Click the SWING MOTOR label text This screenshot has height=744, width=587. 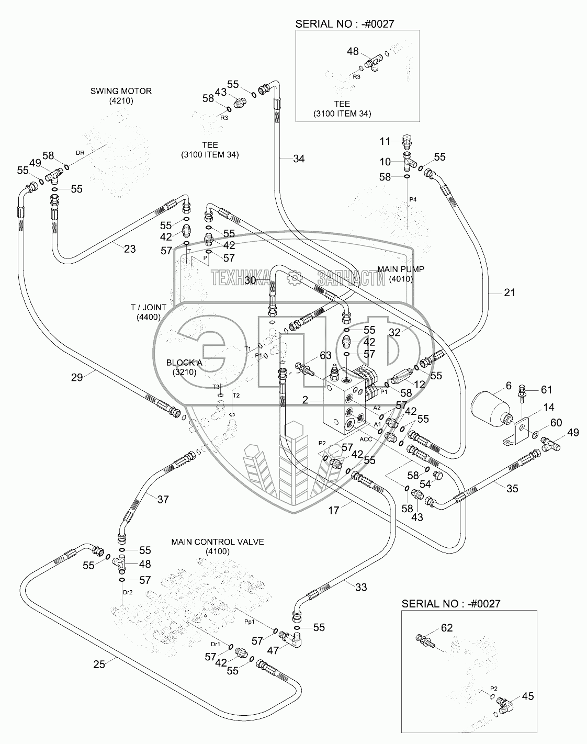[x=121, y=91]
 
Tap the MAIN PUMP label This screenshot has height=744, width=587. [x=401, y=269]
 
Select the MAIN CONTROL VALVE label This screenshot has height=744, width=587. [x=217, y=542]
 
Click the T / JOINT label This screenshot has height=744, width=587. [x=148, y=307]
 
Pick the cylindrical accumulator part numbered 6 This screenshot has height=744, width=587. [x=490, y=411]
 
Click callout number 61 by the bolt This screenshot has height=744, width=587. [x=546, y=389]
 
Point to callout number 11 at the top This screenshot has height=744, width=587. [x=385, y=141]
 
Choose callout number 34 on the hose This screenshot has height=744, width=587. [x=298, y=159]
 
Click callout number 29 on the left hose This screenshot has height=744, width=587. [x=77, y=377]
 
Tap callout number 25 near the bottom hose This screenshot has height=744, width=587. [x=99, y=664]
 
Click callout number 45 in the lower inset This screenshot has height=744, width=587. [x=527, y=696]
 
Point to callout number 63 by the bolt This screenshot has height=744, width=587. [x=325, y=356]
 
